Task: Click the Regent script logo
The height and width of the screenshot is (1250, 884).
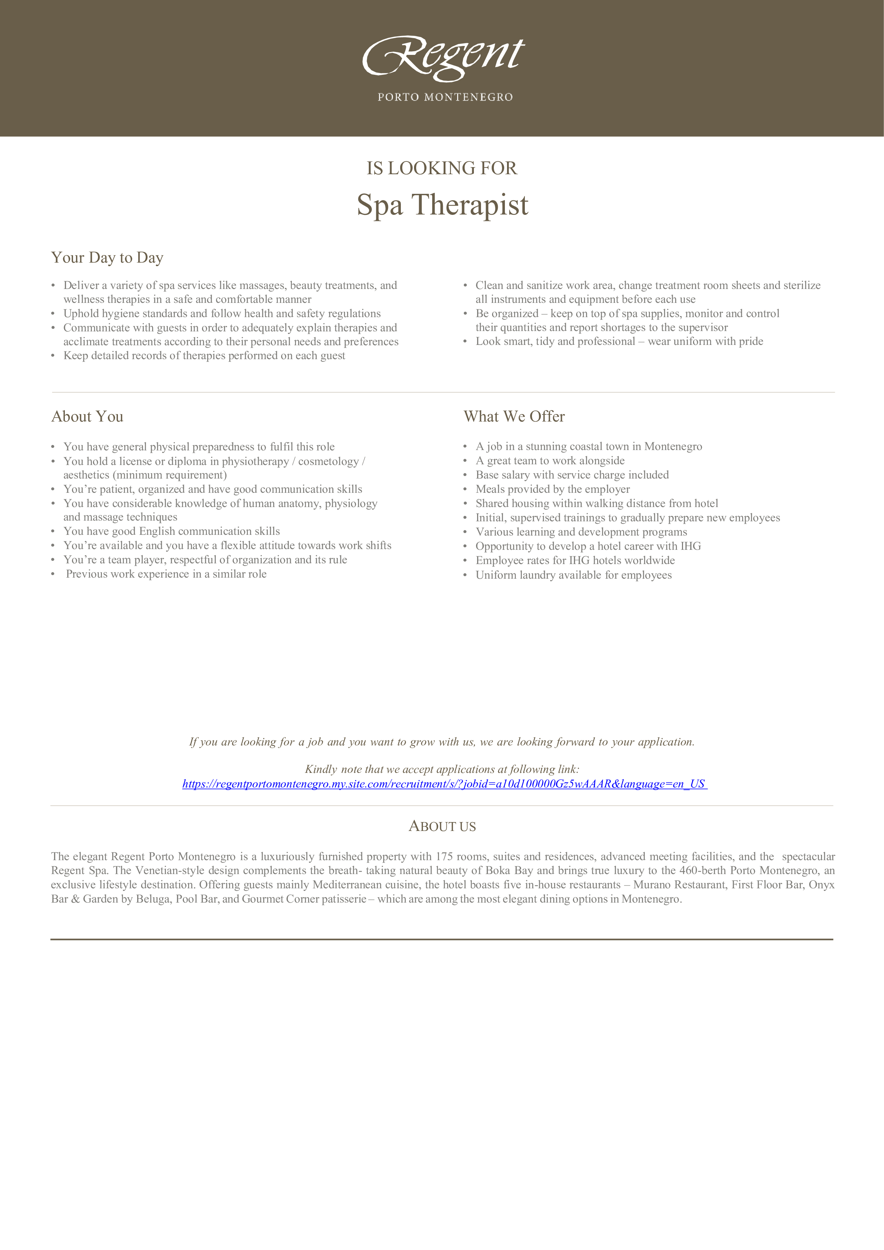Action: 443,57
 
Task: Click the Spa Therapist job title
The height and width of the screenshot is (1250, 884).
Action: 442,205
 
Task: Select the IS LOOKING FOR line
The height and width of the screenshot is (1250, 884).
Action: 441,168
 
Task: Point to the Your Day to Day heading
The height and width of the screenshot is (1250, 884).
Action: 107,258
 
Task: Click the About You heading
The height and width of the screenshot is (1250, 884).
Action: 87,417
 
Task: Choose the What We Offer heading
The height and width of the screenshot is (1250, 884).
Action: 514,417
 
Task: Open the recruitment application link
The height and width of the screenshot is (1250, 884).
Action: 444,784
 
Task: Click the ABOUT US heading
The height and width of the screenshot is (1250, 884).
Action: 442,826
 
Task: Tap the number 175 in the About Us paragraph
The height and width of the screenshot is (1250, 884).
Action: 444,856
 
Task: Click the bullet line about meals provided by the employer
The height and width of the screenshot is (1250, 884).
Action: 553,489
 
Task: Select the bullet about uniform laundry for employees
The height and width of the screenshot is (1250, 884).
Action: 573,575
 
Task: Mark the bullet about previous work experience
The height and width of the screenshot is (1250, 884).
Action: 166,574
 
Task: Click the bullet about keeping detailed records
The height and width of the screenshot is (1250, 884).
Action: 204,356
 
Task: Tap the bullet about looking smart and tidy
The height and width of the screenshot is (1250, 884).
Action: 619,341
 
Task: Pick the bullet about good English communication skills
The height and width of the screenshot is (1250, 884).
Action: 171,531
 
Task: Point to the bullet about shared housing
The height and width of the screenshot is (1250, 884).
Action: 596,503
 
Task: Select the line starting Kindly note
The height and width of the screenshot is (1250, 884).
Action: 442,769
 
